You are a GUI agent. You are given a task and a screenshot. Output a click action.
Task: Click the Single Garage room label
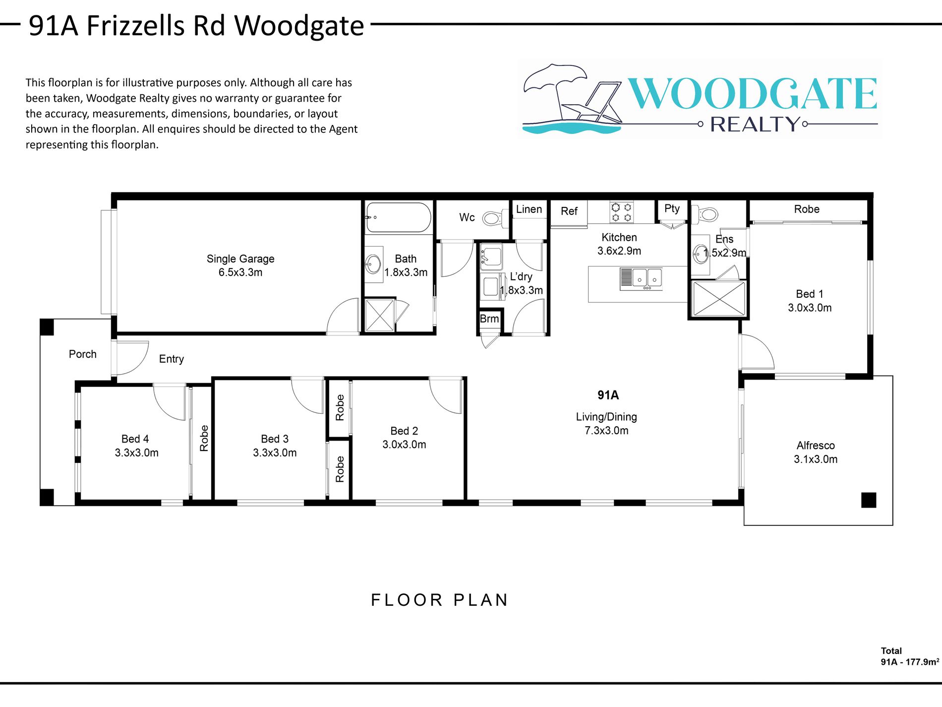(240, 258)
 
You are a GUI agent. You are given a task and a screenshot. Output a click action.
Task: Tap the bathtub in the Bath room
(398, 217)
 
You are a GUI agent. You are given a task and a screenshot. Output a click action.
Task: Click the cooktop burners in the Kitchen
(621, 212)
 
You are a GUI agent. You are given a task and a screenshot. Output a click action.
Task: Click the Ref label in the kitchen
(569, 211)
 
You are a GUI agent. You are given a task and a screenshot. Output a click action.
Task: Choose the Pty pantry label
(672, 208)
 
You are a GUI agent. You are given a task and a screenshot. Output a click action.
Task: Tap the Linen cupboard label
(529, 209)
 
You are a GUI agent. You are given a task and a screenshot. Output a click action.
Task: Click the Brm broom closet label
(489, 319)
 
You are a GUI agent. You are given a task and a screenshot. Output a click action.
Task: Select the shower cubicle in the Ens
(718, 299)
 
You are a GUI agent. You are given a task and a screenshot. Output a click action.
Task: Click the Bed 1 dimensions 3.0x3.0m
(810, 308)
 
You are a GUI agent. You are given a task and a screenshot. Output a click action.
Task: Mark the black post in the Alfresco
(869, 500)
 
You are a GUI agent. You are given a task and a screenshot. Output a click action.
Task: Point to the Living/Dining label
(606, 417)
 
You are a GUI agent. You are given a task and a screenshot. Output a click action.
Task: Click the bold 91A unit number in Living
(608, 395)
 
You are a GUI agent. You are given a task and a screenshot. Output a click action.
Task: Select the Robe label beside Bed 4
(204, 438)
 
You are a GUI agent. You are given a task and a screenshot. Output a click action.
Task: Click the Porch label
(83, 354)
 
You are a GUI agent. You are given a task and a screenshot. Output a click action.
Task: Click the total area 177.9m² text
(909, 662)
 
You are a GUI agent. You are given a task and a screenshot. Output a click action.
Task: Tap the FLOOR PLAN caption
(440, 600)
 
